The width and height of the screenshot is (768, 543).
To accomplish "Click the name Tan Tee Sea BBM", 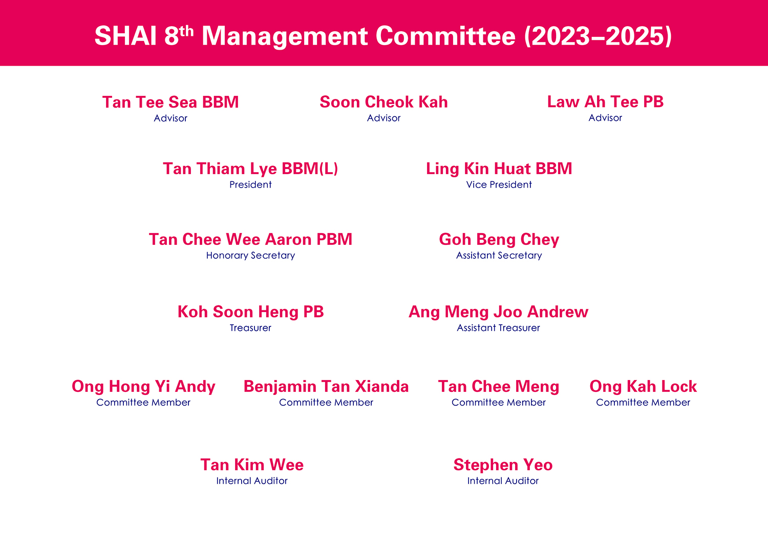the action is [170, 102].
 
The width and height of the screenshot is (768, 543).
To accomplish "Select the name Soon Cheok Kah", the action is [383, 102].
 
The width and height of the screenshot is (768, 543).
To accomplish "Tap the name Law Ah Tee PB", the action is [605, 102].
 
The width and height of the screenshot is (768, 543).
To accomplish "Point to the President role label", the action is [250, 184].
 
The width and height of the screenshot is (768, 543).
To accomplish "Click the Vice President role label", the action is [499, 184].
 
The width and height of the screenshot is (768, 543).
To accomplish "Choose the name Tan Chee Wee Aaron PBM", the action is [250, 239].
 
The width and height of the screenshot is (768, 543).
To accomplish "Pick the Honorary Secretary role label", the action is [250, 256].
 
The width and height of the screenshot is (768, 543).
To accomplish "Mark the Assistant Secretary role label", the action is [499, 256].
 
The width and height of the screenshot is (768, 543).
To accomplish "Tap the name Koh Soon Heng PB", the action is [250, 312].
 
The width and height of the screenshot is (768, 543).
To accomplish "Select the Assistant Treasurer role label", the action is [498, 328].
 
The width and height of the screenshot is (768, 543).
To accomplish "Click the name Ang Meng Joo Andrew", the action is [498, 312].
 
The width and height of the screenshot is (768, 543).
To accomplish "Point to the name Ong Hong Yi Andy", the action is [143, 387].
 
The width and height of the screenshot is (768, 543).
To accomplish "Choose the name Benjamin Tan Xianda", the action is [326, 387].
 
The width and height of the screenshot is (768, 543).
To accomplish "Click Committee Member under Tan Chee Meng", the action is [499, 402].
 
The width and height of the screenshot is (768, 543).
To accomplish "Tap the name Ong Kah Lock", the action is [643, 387].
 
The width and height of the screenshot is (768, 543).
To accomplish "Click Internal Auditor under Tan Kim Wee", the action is [252, 481].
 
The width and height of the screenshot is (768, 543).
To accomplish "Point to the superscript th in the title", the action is [186, 32].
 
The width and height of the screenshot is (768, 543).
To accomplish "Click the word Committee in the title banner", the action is [446, 36].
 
